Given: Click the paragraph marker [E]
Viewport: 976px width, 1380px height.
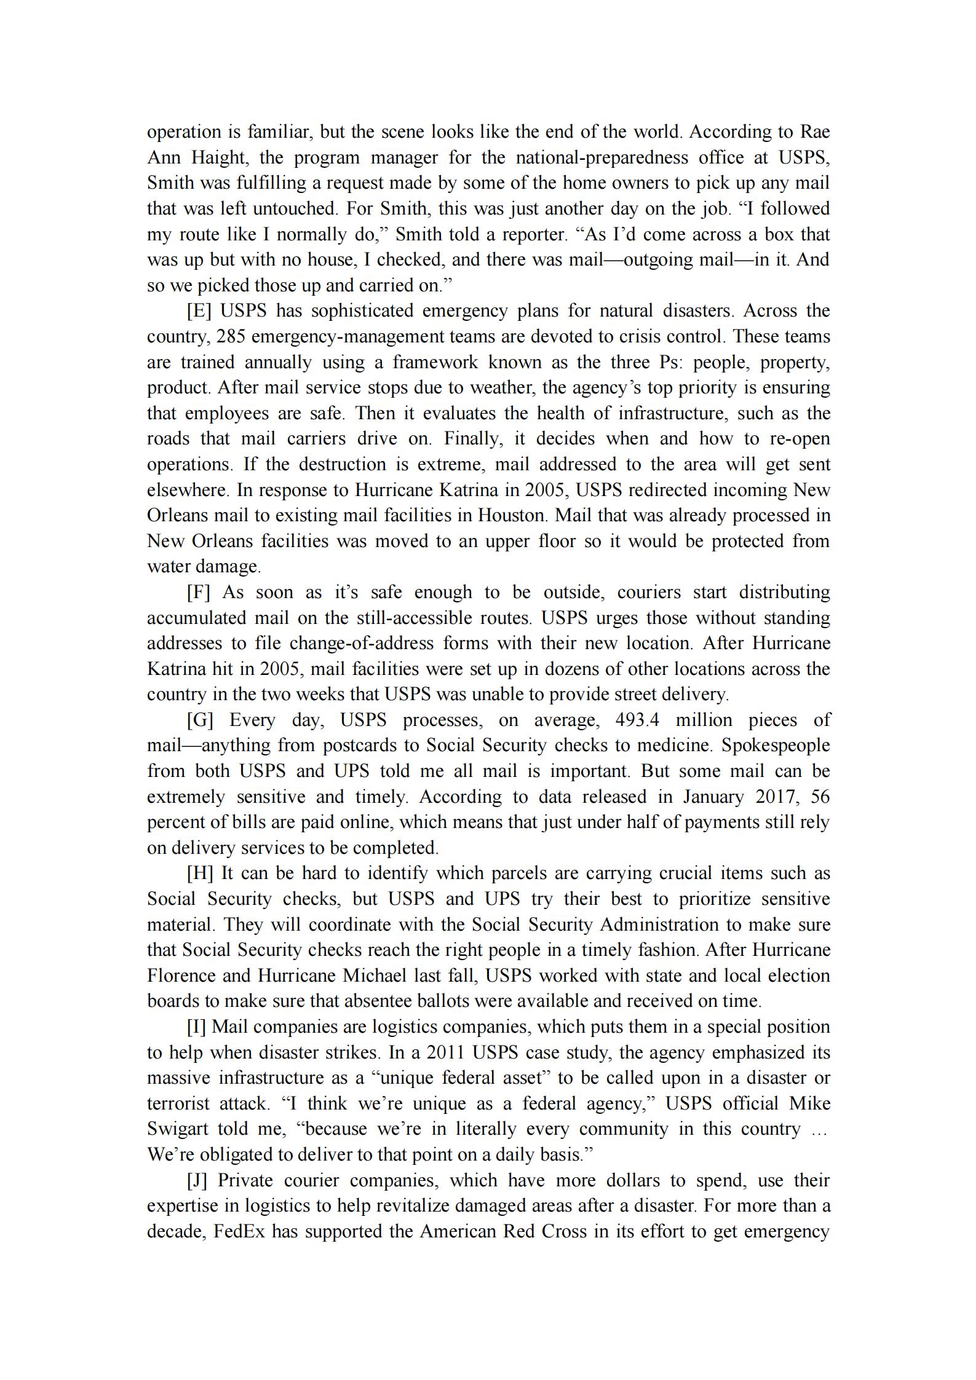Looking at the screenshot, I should click(199, 311).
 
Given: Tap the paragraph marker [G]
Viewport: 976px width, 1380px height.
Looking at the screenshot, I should click(200, 720).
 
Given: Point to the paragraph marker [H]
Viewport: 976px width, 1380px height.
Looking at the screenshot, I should click(200, 873).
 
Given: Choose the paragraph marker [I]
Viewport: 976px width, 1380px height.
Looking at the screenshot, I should click(196, 1027).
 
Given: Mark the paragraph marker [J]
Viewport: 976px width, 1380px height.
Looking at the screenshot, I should click(197, 1181).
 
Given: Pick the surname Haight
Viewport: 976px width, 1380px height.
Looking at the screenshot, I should click(218, 158).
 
